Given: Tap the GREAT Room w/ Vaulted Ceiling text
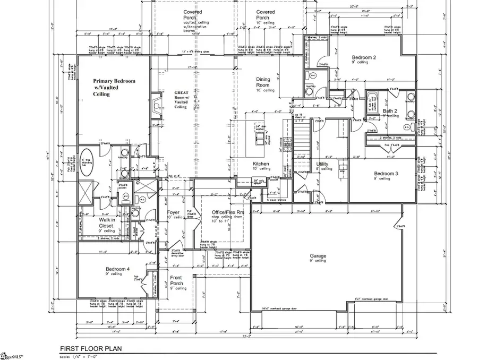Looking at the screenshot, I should pyautogui.click(x=182, y=99).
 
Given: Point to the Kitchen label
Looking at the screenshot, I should pyautogui.click(x=260, y=165).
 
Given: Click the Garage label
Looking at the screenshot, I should pyautogui.click(x=318, y=256).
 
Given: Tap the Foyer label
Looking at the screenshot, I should pyautogui.click(x=174, y=213).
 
